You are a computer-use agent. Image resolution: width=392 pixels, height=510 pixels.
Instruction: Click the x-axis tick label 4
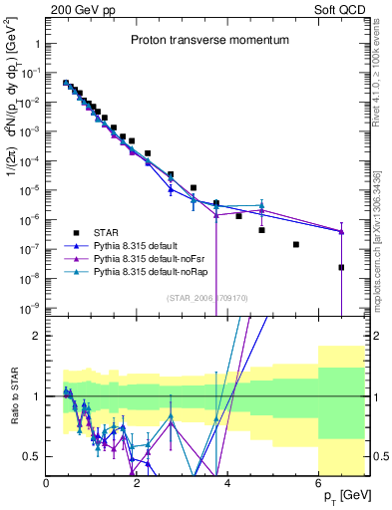click(x=228, y=483)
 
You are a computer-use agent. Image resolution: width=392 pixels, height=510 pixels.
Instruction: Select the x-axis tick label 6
click(x=318, y=483)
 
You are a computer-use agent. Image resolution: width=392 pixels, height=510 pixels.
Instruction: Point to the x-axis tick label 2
click(x=138, y=483)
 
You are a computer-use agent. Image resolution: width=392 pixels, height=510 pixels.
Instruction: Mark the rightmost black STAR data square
click(x=341, y=267)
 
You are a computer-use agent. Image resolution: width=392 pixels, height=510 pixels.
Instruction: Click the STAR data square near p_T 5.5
click(x=296, y=244)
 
